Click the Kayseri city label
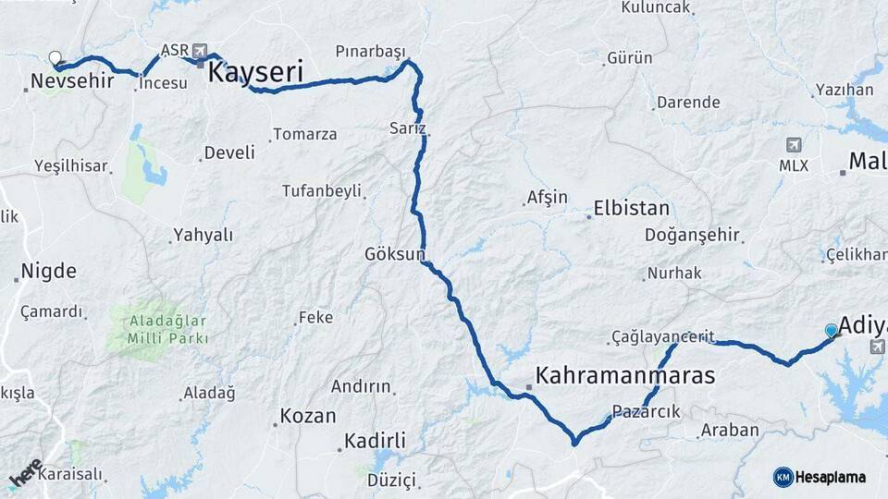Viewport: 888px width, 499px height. [256, 72]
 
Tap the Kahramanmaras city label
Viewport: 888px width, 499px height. [625, 376]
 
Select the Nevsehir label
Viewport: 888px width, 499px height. [72, 81]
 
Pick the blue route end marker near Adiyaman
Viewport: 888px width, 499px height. [832, 331]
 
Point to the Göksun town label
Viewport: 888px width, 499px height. [395, 252]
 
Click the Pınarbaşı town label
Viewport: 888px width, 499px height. [370, 50]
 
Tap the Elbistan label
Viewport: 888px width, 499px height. [632, 208]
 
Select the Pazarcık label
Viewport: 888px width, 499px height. [646, 411]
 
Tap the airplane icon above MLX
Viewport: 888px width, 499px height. [794, 145]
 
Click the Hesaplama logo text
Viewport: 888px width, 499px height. [831, 477]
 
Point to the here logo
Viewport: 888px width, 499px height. [26, 472]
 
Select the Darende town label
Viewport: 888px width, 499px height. [690, 103]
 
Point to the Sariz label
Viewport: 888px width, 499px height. [407, 128]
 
